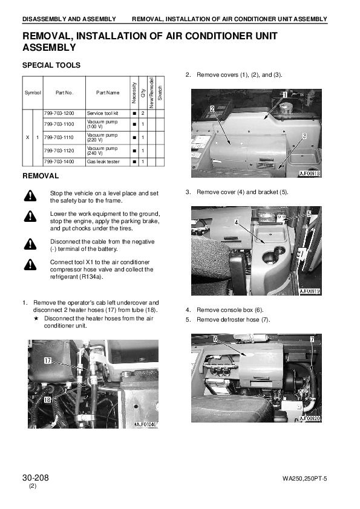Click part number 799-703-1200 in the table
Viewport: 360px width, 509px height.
[x=59, y=113]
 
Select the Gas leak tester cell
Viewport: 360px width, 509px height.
[x=103, y=161]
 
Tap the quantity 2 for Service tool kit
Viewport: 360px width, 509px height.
[x=143, y=113]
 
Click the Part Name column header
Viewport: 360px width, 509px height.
[x=108, y=92]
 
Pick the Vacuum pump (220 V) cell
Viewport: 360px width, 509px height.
[x=102, y=137]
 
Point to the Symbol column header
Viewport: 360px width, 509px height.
[x=33, y=92]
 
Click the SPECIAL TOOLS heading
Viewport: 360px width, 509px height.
[x=51, y=65]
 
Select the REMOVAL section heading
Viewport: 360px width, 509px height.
[x=41, y=176]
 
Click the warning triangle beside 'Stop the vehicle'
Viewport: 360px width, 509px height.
[x=30, y=196]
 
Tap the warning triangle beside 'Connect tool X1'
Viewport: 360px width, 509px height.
[x=30, y=265]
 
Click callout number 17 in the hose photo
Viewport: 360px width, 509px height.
[x=47, y=360]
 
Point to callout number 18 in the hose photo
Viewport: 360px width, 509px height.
[x=47, y=399]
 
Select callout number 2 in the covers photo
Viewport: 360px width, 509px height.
[x=212, y=109]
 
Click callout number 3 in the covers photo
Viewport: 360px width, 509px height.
[x=304, y=135]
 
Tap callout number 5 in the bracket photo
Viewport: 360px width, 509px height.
[x=309, y=213]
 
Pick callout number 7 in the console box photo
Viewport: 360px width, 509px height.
[x=312, y=339]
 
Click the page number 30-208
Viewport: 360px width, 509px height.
[x=36, y=478]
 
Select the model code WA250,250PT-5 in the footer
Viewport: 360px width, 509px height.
[x=305, y=479]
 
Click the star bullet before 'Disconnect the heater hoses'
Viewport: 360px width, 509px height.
[x=36, y=319]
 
